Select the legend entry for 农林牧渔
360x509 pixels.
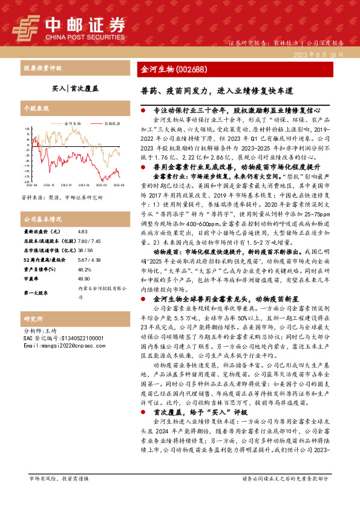107,123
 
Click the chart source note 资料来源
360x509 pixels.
62,198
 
